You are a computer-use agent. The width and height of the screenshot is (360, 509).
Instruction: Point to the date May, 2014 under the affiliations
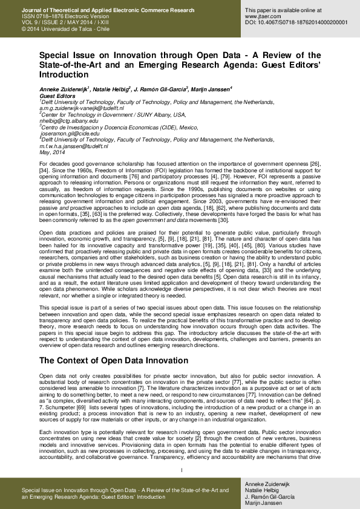click(x=52, y=152)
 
